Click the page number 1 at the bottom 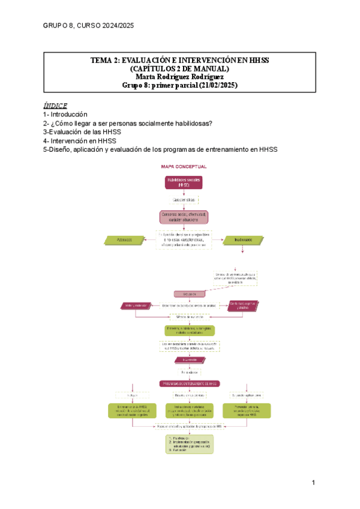313,483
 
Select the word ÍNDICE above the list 55,104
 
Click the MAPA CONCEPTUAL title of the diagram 184,166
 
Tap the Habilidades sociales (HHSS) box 184,183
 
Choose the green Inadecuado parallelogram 243,239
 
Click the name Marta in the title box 148,77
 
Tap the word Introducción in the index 69,114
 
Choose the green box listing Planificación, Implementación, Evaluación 190,443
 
